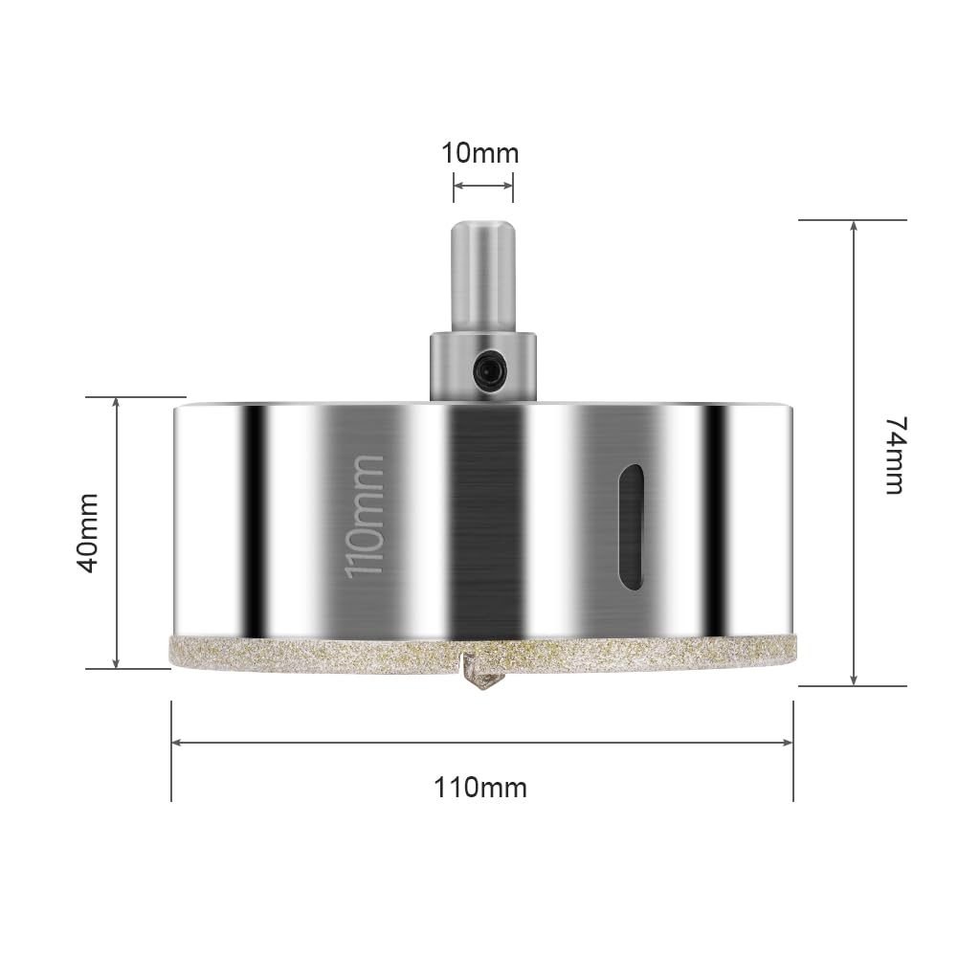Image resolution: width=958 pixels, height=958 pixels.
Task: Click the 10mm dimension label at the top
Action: pyautogui.click(x=480, y=153)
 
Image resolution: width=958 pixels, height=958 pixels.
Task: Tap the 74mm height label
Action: pyautogui.click(x=897, y=456)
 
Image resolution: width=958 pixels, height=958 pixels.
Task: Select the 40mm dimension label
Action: pyautogui.click(x=87, y=533)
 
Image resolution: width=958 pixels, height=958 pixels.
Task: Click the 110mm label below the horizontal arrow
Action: pyautogui.click(x=480, y=788)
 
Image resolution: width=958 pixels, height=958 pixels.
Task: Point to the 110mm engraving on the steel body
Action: pyautogui.click(x=365, y=516)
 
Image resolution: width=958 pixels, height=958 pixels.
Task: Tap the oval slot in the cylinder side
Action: pyautogui.click(x=631, y=526)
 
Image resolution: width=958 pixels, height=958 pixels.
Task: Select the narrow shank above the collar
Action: pyautogui.click(x=482, y=277)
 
